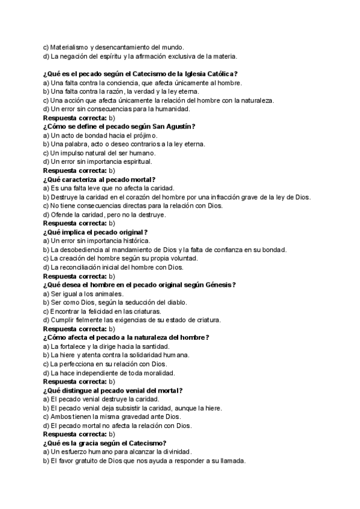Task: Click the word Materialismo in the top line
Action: tap(70, 47)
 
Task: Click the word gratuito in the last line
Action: tap(89, 461)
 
